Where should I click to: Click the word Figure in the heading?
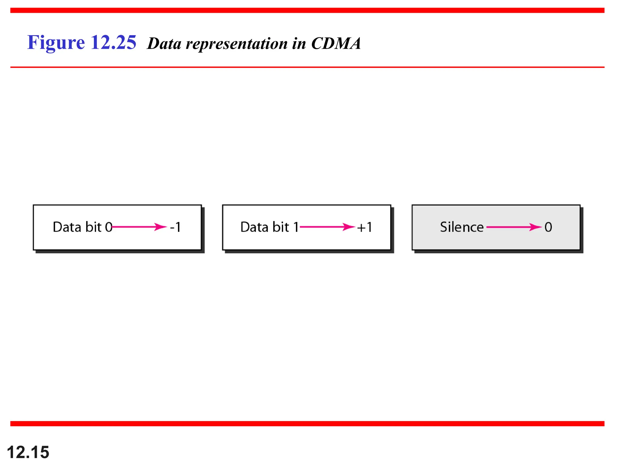point(56,42)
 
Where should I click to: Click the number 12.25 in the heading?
point(113,42)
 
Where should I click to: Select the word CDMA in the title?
point(336,44)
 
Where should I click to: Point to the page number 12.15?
point(28,452)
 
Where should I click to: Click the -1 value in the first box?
point(176,227)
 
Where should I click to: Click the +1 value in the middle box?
point(364,227)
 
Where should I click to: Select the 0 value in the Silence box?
point(548,227)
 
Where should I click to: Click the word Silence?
point(462,227)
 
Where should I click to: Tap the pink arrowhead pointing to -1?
point(160,227)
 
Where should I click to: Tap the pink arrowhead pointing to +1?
point(349,227)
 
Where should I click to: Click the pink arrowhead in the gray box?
point(535,227)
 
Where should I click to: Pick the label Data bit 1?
point(269,227)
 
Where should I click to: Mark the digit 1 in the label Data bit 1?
point(296,227)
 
